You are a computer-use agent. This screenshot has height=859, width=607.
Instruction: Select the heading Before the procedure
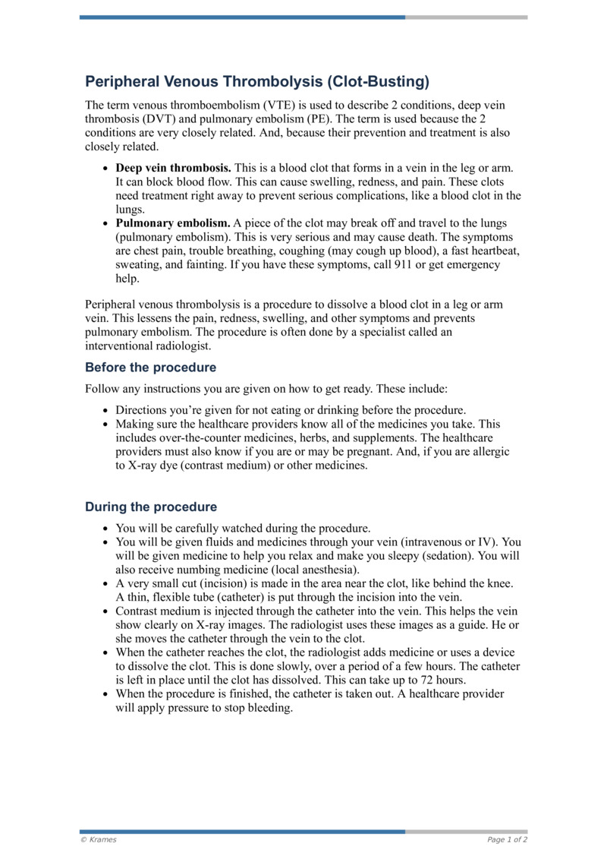point(150,368)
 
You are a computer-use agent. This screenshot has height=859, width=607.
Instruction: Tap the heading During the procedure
point(150,507)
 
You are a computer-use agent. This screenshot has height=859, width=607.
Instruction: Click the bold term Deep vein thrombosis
point(174,167)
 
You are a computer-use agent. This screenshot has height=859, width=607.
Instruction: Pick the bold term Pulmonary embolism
point(172,223)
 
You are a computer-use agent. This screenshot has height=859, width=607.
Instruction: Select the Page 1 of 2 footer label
point(507,840)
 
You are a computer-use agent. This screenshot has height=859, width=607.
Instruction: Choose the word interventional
point(124,346)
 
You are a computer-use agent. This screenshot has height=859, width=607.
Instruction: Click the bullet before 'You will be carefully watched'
point(105,528)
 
